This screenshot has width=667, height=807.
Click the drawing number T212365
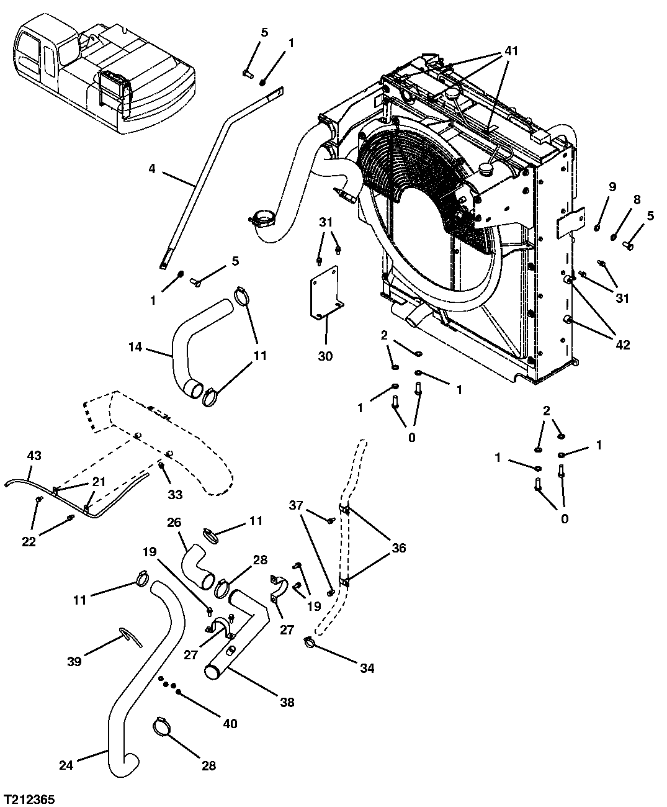click(29, 796)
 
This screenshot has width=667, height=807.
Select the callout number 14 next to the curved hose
click(136, 348)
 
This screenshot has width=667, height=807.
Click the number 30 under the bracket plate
click(325, 356)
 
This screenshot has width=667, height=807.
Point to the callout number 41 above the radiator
click(511, 51)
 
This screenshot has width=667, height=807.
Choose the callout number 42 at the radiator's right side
click(622, 345)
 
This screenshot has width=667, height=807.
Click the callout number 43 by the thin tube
click(34, 456)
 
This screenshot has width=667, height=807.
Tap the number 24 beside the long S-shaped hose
click(66, 765)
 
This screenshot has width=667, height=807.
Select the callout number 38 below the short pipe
click(287, 703)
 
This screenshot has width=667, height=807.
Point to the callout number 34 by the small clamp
click(368, 669)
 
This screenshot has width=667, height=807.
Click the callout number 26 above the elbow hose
click(174, 522)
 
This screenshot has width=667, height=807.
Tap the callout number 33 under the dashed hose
click(176, 495)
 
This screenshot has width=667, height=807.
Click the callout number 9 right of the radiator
click(612, 186)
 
